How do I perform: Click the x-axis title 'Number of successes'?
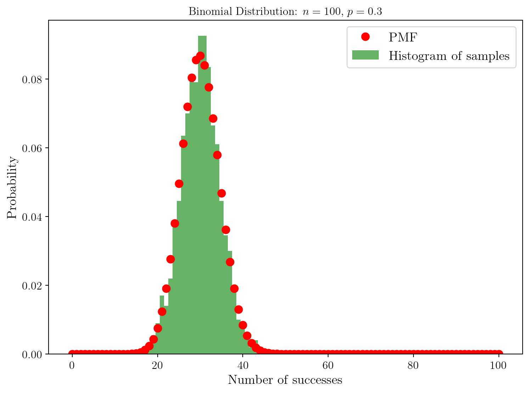285,380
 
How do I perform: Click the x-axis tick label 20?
157,366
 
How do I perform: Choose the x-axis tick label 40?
243,366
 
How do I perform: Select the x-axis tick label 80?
413,366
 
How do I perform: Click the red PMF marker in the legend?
365,37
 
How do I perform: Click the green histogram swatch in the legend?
365,55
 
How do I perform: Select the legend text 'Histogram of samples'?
449,56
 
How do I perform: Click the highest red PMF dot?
200,56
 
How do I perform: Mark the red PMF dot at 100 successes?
499,354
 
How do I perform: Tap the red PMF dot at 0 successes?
72,354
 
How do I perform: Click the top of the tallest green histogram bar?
202,36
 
